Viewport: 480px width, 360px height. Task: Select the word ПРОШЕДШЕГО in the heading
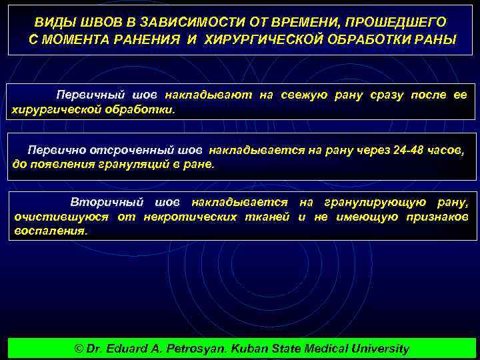point(399,23)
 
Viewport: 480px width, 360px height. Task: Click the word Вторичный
point(104,202)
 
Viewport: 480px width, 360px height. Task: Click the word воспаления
point(51,230)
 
